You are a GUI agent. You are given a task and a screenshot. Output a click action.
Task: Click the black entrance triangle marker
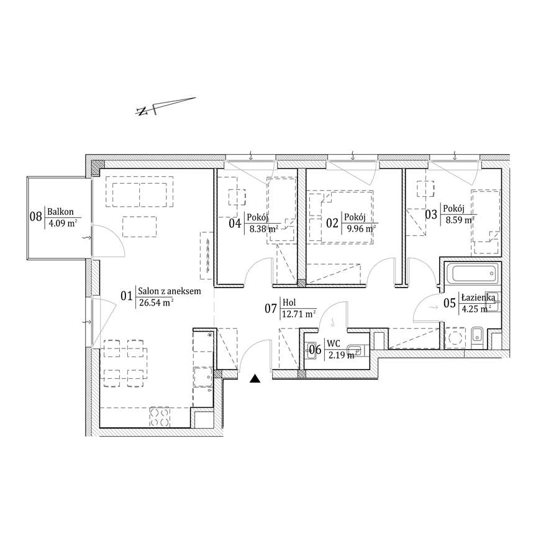pos(255,379)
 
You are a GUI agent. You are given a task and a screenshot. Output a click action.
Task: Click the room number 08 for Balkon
pos(35,216)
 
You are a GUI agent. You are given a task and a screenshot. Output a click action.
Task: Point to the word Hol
pos(289,302)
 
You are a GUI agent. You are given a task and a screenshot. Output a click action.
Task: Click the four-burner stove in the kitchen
pos(160,417)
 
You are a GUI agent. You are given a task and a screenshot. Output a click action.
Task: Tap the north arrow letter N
pos(142,111)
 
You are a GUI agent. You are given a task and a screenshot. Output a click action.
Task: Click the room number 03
pos(431,214)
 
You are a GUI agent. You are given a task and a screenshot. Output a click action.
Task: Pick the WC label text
pos(334,343)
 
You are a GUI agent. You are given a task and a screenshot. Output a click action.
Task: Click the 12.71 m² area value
pos(299,314)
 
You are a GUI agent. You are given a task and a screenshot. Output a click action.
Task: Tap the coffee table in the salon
pos(139,227)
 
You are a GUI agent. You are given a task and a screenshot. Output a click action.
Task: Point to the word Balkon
pos(61,212)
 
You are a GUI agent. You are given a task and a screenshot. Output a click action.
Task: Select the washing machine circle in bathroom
pos(455,338)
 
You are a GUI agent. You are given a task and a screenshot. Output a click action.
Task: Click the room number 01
pos(126,296)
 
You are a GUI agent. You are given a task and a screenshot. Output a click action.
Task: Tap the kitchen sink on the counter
pos(203,377)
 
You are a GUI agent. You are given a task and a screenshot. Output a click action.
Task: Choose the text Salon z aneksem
pos(170,291)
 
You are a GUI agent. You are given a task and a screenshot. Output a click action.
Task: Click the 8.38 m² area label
pos(264,229)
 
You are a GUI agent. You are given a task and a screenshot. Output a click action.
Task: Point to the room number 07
pos(271,308)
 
